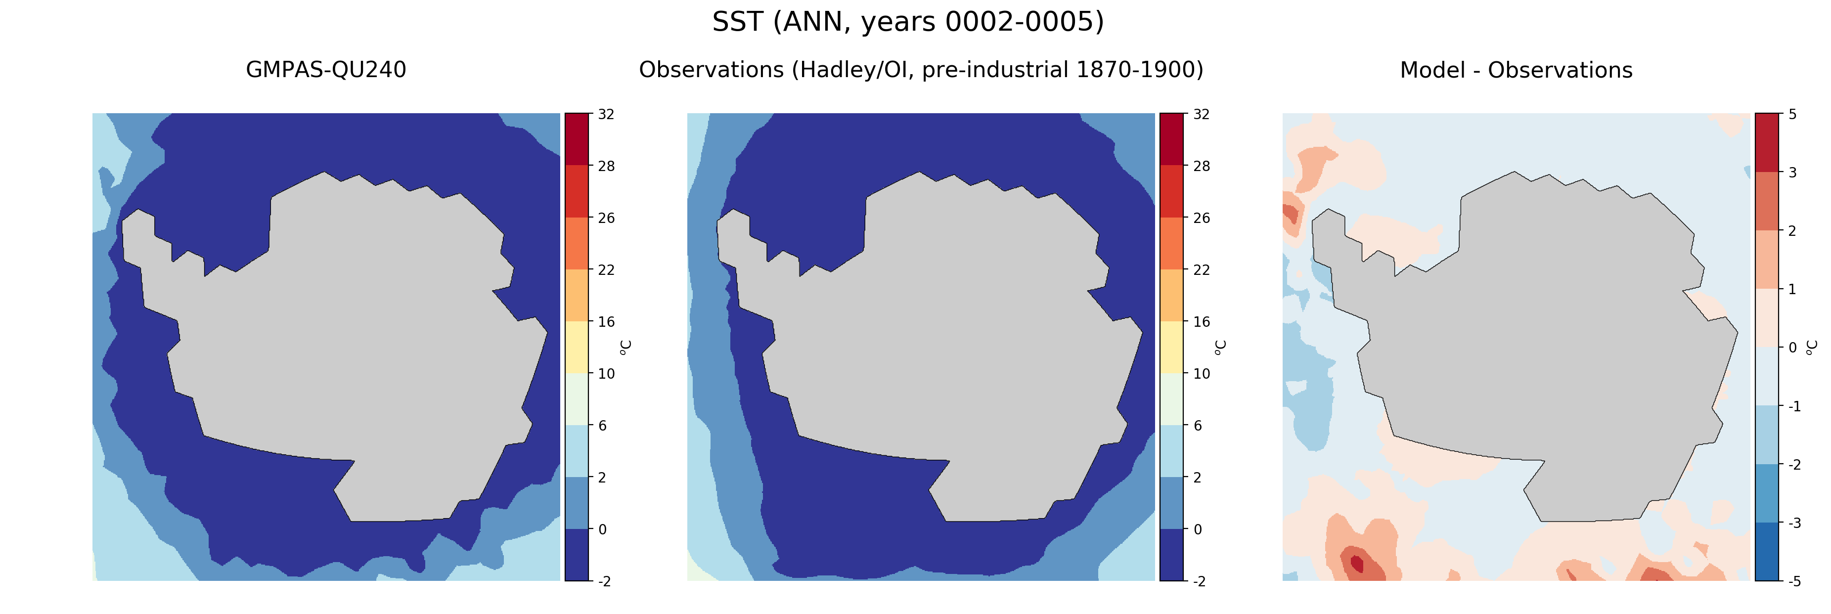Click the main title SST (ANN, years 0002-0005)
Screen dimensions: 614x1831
(908, 22)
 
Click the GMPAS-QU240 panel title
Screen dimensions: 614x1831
(325, 70)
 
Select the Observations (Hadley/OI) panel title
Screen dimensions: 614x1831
(921, 70)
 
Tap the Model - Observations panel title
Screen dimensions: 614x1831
(1516, 70)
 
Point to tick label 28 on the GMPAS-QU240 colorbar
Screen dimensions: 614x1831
(606, 166)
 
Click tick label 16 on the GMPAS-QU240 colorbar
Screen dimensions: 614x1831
(606, 322)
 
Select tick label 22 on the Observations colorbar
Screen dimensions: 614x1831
(1201, 270)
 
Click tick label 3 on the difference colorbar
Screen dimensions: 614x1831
(1792, 173)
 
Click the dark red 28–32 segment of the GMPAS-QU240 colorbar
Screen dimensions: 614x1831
(577, 138)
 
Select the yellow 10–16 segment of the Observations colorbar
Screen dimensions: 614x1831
(1171, 347)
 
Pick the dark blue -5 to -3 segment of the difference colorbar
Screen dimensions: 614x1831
(1766, 552)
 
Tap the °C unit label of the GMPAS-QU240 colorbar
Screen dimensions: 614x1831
(625, 347)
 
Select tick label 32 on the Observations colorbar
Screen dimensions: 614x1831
(1201, 114)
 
